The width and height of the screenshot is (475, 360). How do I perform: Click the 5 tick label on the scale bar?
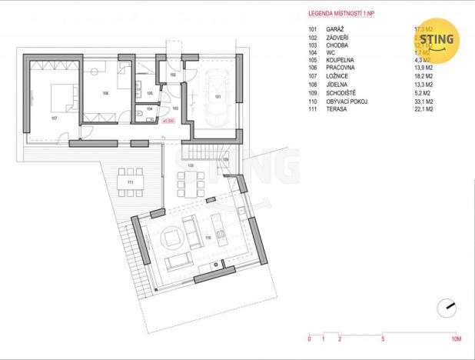(x=382, y=338)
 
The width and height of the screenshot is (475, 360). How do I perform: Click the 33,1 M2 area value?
(x=425, y=102)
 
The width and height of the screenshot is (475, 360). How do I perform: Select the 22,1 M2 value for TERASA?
(x=425, y=109)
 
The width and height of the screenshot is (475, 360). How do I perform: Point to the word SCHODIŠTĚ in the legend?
(x=342, y=94)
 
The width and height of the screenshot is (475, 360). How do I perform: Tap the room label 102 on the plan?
(x=173, y=75)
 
